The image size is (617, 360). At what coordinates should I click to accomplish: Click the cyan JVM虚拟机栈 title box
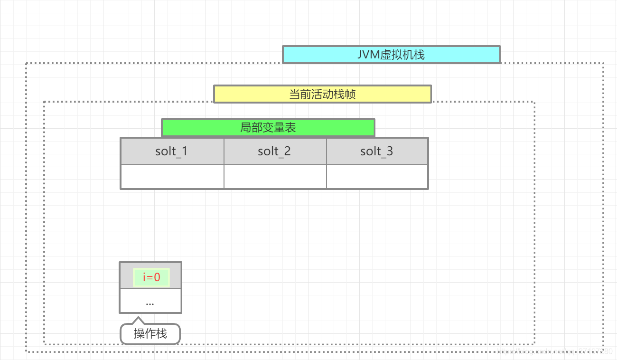click(391, 55)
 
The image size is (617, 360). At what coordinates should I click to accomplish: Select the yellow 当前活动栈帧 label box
click(322, 94)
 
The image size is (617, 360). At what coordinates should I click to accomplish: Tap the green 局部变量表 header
click(268, 128)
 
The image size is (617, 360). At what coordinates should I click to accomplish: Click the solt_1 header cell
click(172, 152)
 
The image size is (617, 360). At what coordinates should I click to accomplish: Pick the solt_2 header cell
click(275, 152)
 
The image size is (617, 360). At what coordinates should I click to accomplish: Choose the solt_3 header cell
click(377, 152)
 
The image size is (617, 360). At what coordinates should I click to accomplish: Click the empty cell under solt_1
click(172, 177)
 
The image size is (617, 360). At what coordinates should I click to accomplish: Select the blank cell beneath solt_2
click(275, 177)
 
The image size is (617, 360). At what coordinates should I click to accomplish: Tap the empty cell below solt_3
click(377, 177)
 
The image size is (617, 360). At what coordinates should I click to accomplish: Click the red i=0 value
click(151, 277)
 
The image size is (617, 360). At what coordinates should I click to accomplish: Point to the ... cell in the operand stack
click(150, 301)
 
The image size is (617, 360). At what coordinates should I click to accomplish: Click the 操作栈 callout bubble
click(150, 334)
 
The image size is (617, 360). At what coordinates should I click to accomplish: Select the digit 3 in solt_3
click(390, 152)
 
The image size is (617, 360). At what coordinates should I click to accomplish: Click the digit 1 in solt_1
click(184, 152)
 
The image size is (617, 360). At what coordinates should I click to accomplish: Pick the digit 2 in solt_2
click(287, 152)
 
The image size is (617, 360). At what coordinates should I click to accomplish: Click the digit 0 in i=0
click(157, 277)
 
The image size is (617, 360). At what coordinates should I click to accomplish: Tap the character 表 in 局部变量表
click(290, 128)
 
